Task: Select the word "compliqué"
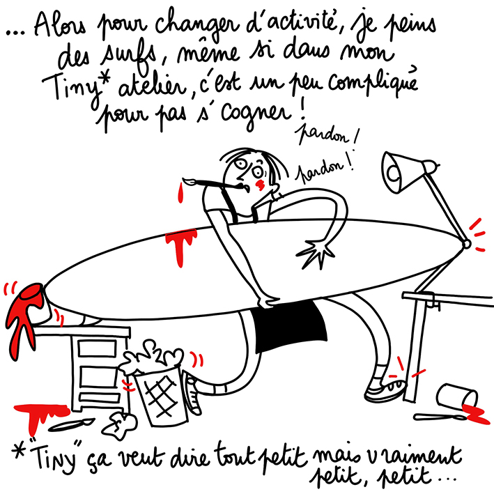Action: click(x=373, y=84)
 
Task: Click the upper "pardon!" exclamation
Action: click(x=326, y=136)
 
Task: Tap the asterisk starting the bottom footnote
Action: click(x=19, y=451)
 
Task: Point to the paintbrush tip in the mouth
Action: click(x=187, y=181)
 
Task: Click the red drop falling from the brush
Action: click(x=180, y=193)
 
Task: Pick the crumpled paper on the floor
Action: click(x=121, y=426)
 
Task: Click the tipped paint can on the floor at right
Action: click(x=457, y=398)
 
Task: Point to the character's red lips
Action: click(x=260, y=185)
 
